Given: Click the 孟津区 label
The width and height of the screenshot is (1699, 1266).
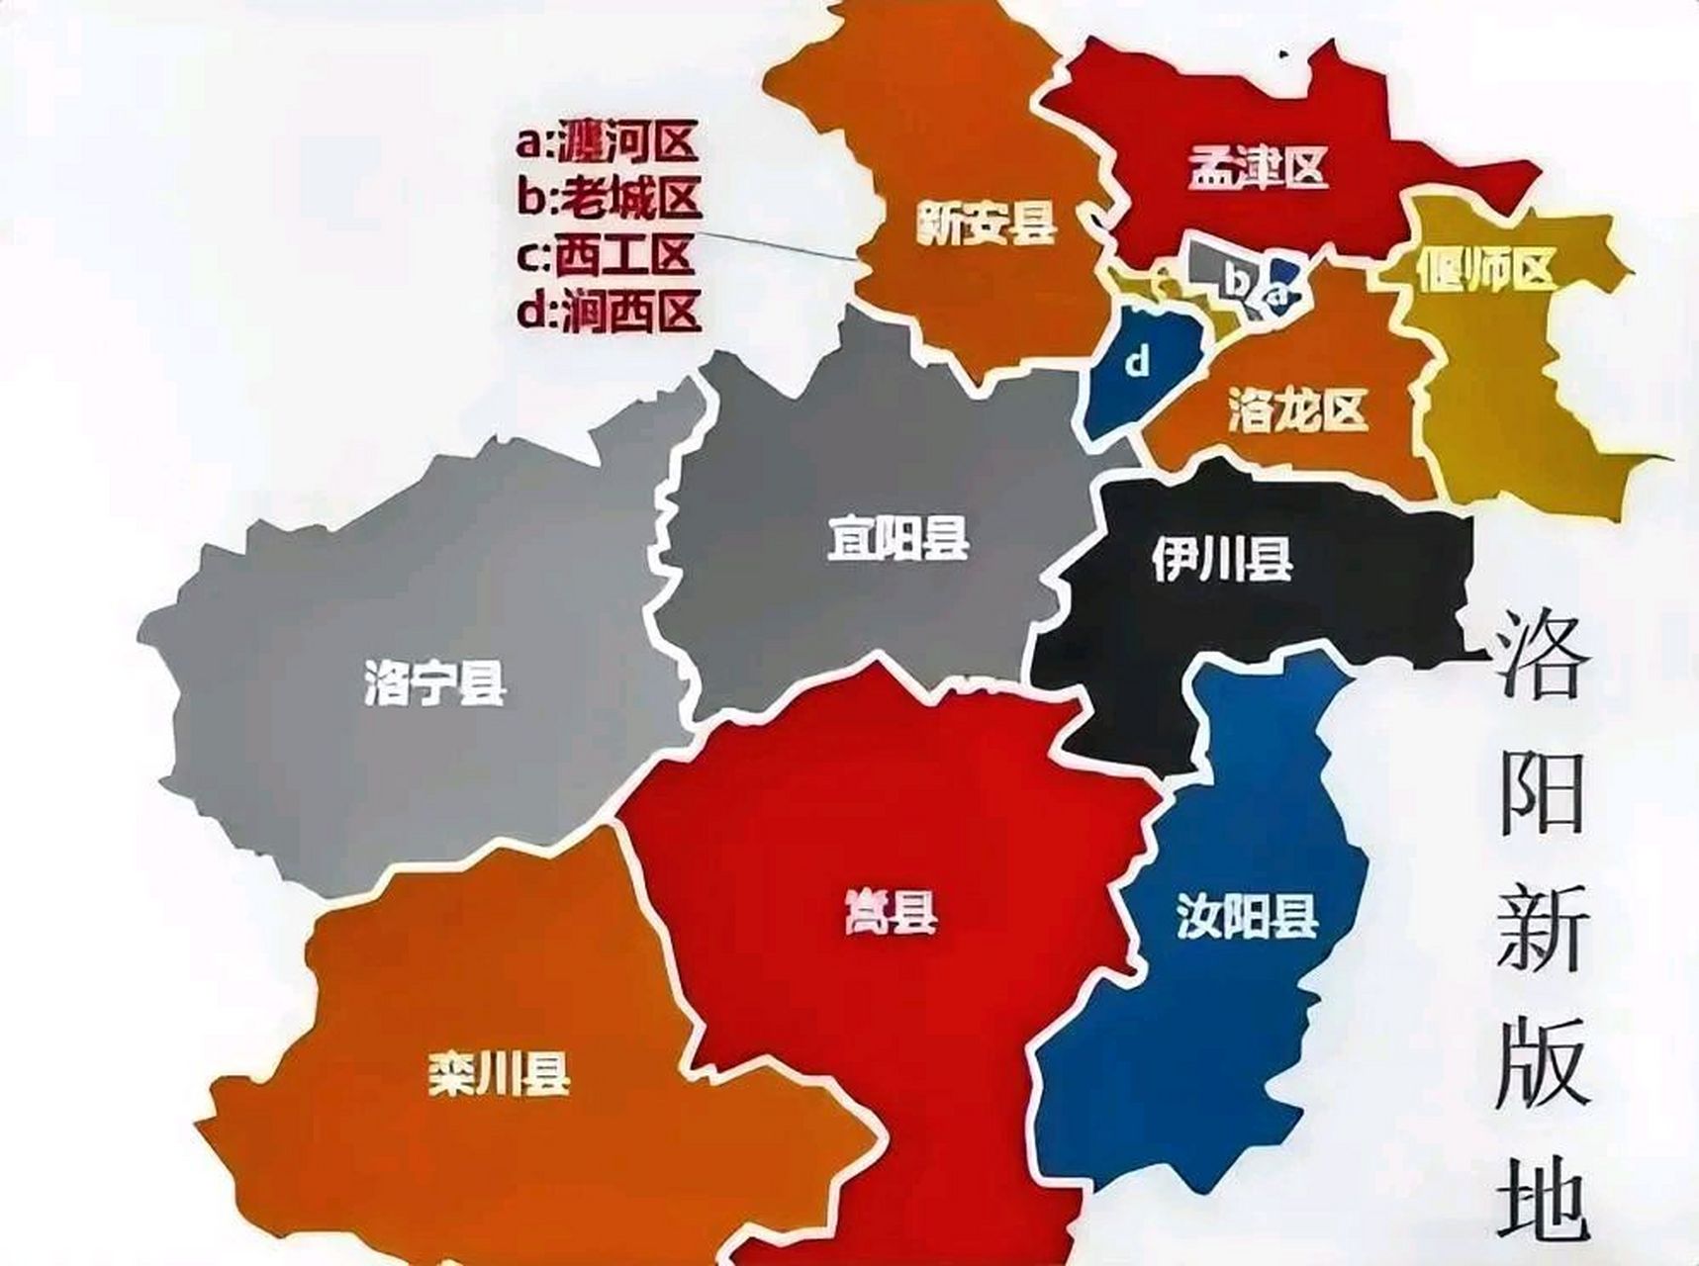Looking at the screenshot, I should tap(1256, 170).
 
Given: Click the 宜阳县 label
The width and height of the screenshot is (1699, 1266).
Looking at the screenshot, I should tap(897, 539).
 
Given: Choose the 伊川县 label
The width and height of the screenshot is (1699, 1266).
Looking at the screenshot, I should tap(1222, 561).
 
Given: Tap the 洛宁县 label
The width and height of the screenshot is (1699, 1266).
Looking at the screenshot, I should tap(434, 682).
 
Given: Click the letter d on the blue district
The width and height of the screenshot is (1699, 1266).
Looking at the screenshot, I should tap(1139, 364).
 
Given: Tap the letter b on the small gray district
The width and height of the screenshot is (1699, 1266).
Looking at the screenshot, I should tap(1237, 281).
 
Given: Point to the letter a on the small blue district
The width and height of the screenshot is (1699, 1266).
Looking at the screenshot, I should tap(1279, 294).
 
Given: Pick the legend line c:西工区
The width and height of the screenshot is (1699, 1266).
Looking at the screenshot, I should tap(605, 255).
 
